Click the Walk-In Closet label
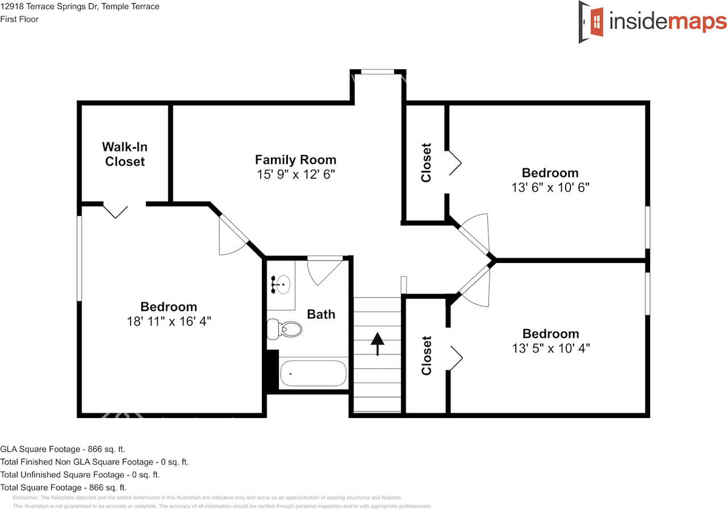tap(125, 154)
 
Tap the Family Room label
tap(295, 160)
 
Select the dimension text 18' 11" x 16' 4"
tap(169, 321)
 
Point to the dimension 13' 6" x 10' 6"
tap(550, 187)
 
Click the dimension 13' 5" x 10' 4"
tap(550, 348)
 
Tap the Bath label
tap(321, 314)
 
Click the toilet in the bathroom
tap(285, 328)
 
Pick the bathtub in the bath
tap(312, 374)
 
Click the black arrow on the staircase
tap(378, 343)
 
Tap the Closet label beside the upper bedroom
tap(427, 162)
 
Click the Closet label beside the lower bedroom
tap(427, 356)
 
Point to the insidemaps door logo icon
tap(592, 22)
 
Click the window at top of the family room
tap(378, 72)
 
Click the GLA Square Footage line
tap(62, 449)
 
